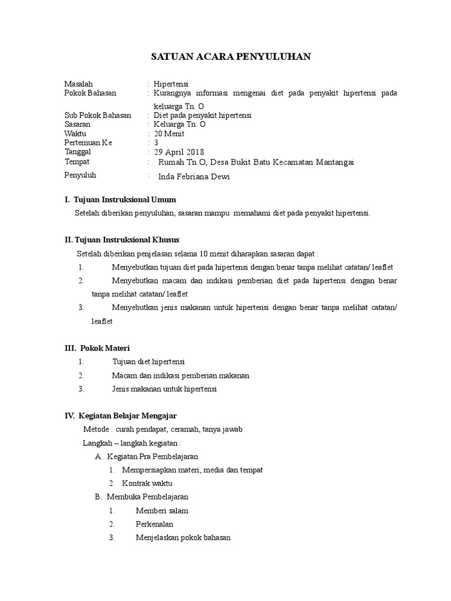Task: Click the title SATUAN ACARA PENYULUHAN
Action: (231, 56)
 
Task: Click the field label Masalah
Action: (79, 84)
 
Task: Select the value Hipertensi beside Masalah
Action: (170, 84)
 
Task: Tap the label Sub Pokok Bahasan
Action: (97, 116)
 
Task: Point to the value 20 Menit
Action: (170, 133)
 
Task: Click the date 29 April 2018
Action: (178, 152)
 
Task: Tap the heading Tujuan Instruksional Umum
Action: (124, 200)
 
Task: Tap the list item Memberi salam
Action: (162, 511)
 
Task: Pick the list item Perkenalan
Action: (154, 524)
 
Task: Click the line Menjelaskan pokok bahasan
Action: (183, 538)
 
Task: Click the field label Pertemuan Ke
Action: (88, 142)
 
